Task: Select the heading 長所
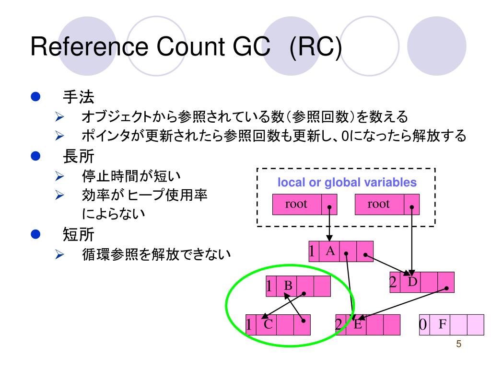pos(78,156)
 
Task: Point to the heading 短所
pos(78,234)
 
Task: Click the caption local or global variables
pos(347,183)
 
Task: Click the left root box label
pos(296,204)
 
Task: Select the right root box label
pos(379,204)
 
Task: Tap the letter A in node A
pos(330,250)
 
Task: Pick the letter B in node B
pos(288,286)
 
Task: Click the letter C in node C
pos(268,324)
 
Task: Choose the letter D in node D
pos(413,281)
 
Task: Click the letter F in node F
pos(443,324)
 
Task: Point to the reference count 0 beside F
pos(423,324)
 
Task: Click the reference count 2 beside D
pos(393,282)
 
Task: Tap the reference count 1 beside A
pos(312,251)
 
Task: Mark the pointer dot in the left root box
pos(329,207)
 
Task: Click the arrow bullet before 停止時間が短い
pos(59,177)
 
